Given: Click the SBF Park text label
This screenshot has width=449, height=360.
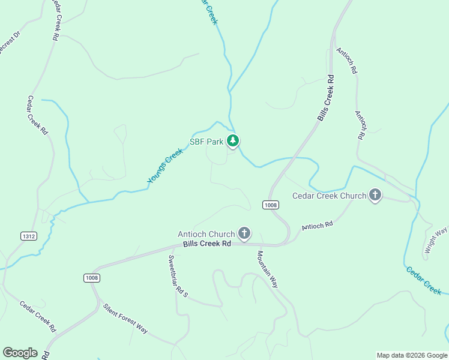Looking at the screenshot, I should click(206, 142).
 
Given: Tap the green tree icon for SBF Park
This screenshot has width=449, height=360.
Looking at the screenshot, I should click(233, 141).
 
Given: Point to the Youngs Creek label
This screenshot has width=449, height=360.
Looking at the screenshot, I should click(164, 166).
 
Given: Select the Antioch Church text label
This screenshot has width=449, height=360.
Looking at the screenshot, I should click(206, 234).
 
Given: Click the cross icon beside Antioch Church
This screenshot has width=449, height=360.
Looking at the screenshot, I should click(244, 232).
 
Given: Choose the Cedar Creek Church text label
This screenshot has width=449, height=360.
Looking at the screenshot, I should click(329, 196).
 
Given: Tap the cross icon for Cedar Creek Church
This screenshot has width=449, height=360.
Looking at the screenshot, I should click(375, 194).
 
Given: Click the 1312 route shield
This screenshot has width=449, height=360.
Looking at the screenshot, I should click(28, 236).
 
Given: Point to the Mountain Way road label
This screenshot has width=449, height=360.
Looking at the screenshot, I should click(268, 269).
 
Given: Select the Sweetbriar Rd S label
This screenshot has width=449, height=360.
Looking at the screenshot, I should click(178, 277).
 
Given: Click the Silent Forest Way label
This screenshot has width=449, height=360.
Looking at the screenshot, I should click(125, 319).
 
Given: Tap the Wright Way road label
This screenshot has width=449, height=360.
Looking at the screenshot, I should click(436, 241).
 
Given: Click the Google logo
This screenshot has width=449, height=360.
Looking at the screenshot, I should click(20, 353).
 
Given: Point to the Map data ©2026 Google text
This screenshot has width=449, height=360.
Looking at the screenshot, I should click(412, 355).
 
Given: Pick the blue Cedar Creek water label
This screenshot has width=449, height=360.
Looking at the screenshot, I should click(424, 280).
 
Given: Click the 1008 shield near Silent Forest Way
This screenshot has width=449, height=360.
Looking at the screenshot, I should click(92, 278).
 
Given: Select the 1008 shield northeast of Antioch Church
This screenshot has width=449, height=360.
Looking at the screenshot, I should click(271, 205).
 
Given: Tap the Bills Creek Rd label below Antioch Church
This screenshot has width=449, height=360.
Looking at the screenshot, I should click(207, 244).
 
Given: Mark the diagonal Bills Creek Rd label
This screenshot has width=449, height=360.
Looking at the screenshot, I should click(326, 98).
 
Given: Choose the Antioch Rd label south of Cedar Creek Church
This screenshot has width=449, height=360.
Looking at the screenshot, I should click(317, 226).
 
